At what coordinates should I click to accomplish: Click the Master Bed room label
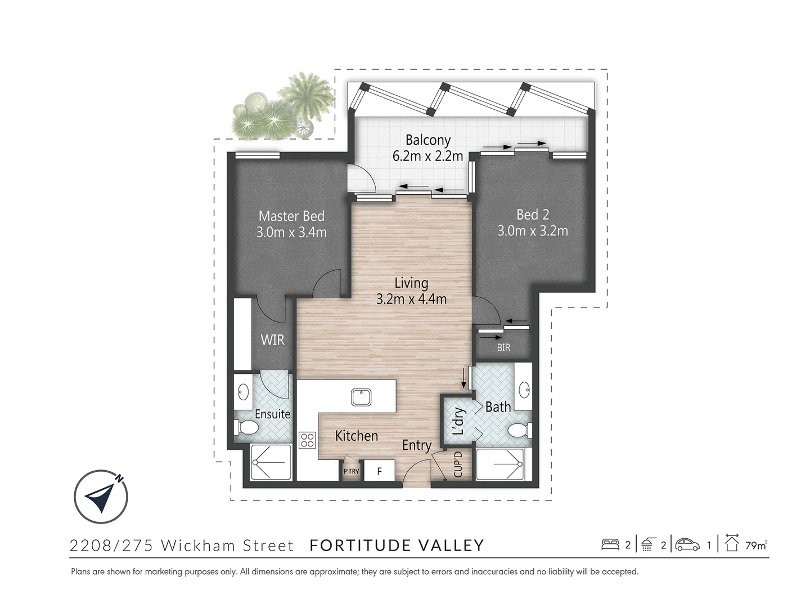pos(291,216)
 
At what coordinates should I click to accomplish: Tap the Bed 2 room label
pos(532,214)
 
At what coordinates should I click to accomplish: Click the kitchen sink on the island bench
pos(359,397)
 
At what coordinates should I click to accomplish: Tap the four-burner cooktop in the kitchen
pos(307,440)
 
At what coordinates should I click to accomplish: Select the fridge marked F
pos(379,471)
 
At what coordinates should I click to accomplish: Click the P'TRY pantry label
pos(351,472)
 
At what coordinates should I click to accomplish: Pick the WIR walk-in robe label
pos(272,340)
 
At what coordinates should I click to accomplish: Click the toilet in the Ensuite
pos(247,430)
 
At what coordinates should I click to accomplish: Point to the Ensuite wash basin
pos(243,390)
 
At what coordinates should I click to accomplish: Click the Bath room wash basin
pos(524,388)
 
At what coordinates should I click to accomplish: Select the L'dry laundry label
pos(458,421)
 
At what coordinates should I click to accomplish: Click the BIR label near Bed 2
pos(503,348)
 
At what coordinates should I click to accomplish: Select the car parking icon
pos(687,544)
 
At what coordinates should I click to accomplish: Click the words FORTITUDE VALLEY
pos(397,546)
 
